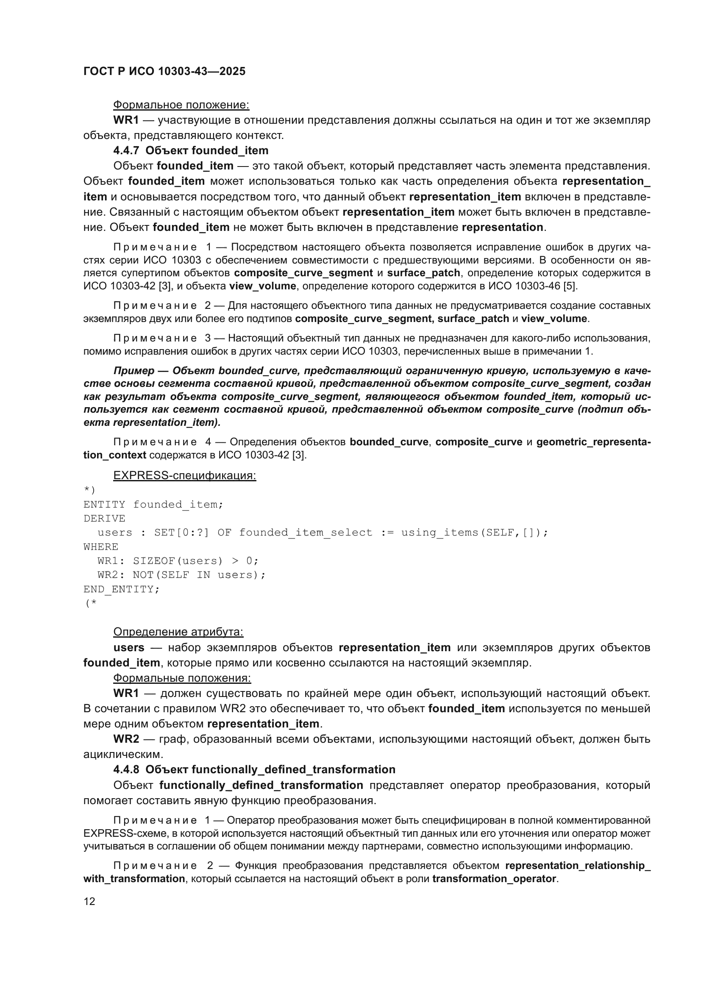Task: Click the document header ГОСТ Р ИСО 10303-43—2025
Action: click(164, 71)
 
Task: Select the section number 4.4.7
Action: click(126, 151)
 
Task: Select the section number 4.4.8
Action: click(126, 769)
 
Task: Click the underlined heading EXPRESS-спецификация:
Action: click(184, 476)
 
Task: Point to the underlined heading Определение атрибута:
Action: click(178, 632)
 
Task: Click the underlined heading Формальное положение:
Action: click(181, 105)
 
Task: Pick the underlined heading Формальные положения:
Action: click(182, 678)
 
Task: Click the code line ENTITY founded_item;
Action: click(153, 505)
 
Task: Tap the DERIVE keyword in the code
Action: click(104, 518)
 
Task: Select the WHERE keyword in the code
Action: click(100, 547)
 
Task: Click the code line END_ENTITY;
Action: click(121, 589)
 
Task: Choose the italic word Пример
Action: click(134, 371)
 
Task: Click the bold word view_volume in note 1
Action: click(262, 286)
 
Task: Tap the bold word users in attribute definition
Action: click(129, 647)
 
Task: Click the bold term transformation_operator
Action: click(494, 879)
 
